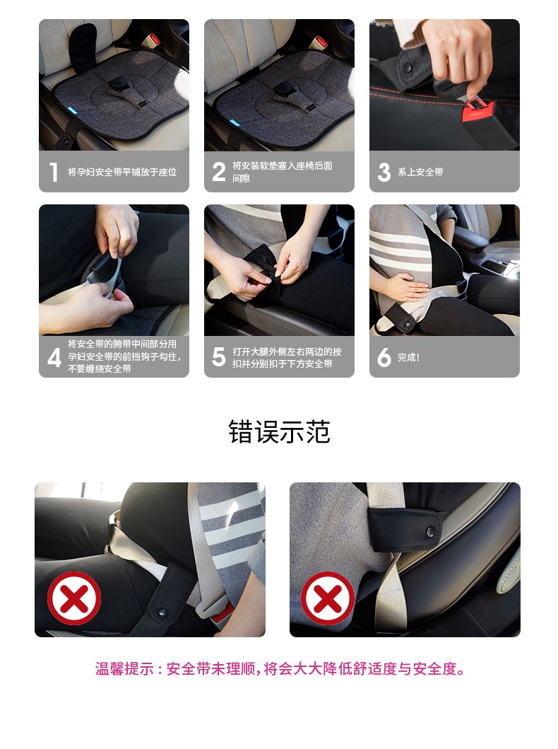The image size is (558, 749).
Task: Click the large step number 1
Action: [x=54, y=172]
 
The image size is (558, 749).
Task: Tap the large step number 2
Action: [x=219, y=172]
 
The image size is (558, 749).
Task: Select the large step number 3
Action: [x=384, y=172]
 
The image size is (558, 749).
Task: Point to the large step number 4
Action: [x=54, y=357]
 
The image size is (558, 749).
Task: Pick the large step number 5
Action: [x=219, y=357]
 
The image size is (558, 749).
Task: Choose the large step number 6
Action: [x=384, y=357]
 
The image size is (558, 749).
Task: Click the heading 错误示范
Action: [x=280, y=432]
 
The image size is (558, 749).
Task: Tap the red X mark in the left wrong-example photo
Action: [x=74, y=598]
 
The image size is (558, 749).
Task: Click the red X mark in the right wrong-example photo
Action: [x=328, y=598]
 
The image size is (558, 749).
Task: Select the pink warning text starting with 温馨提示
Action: [x=280, y=669]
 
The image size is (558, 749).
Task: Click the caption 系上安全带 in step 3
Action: [x=421, y=172]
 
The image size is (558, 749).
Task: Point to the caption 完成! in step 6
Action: [x=409, y=357]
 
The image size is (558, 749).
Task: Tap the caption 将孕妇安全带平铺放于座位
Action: [x=122, y=172]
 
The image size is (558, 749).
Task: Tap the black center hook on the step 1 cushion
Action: [x=116, y=85]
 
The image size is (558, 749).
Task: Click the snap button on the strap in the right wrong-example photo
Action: [x=430, y=530]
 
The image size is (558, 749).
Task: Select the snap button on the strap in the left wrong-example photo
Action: [x=162, y=611]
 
